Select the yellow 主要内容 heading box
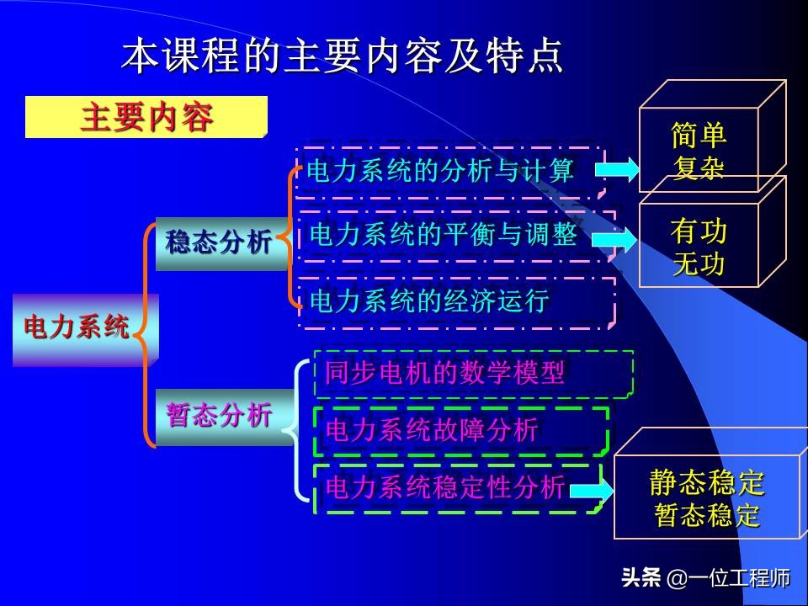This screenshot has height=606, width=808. (146, 118)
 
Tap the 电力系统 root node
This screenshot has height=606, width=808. (77, 327)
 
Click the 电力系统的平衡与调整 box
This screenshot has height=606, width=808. (444, 234)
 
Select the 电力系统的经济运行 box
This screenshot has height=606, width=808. (429, 301)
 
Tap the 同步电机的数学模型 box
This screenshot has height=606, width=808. (445, 373)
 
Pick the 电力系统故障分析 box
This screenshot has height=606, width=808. (432, 430)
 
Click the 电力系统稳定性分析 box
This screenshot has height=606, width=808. (445, 487)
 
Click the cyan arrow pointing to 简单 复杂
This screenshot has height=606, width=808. (617, 170)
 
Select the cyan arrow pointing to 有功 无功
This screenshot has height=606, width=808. (614, 240)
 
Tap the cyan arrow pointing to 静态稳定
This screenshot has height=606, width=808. (591, 491)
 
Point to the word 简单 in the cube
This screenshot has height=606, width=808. (699, 136)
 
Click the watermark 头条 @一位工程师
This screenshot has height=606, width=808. (705, 579)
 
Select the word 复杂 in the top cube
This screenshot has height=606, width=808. (699, 167)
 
